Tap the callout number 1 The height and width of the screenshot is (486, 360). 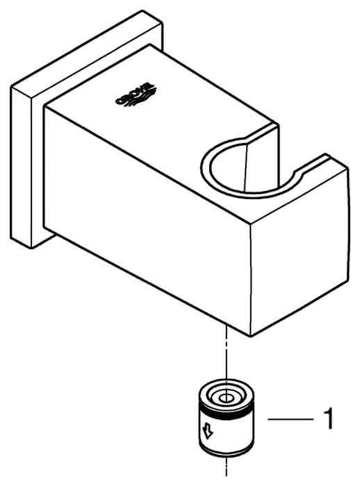(327, 419)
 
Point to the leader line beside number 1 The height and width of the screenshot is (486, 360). (291, 419)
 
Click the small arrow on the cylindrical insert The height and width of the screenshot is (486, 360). (207, 431)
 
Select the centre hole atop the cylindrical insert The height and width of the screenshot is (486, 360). (227, 399)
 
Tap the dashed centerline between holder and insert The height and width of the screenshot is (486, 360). (227, 353)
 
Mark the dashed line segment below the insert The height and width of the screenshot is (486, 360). (227, 467)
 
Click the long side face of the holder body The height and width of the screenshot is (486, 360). (147, 217)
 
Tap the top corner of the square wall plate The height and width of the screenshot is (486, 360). (142, 11)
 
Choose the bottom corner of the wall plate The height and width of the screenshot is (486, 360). (31, 248)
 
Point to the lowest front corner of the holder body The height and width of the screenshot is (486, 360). (251, 336)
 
